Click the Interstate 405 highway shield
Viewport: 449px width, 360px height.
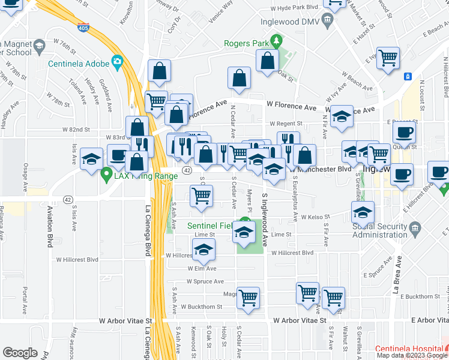(x=83, y=27)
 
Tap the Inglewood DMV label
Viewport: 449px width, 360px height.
(x=287, y=22)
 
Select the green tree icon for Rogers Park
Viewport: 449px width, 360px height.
(x=276, y=41)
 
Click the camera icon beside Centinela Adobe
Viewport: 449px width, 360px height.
(x=117, y=62)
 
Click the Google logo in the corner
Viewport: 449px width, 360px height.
(x=20, y=352)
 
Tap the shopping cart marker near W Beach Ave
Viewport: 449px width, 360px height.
(x=388, y=58)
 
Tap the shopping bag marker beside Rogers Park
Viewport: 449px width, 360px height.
(x=267, y=61)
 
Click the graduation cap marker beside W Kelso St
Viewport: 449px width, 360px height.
(x=362, y=212)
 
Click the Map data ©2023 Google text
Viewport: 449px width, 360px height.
(x=411, y=355)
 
